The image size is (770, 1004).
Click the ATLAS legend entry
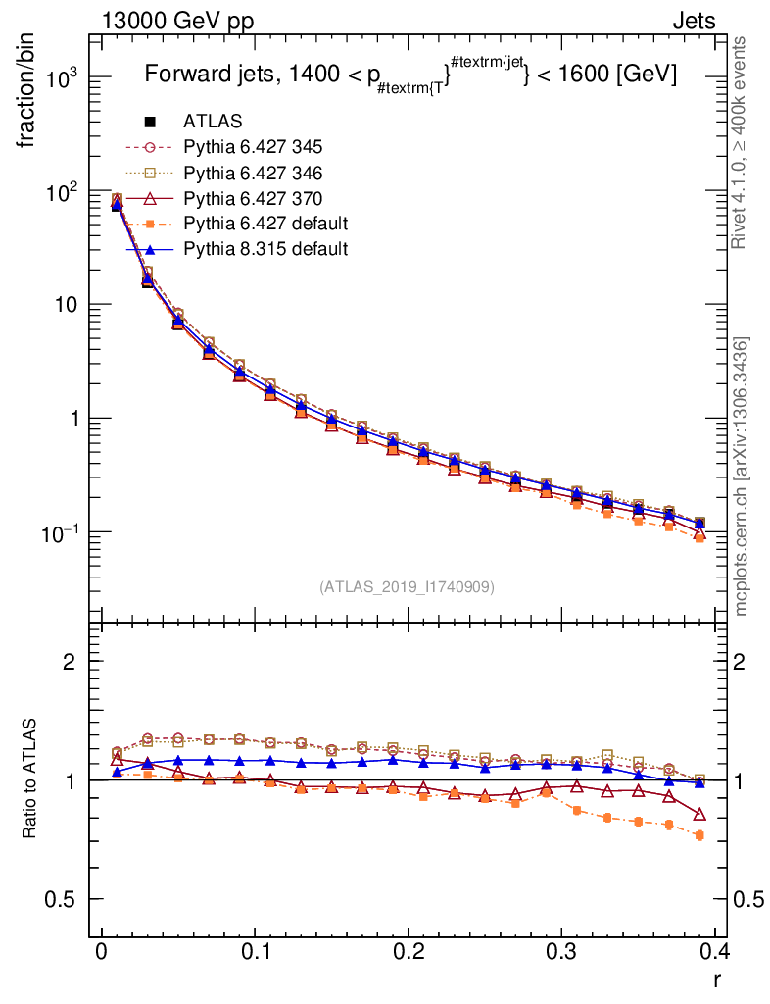[213, 122]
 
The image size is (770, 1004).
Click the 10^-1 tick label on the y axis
[59, 532]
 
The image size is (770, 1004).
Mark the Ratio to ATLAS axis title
[29, 779]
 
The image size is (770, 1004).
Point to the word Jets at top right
[693, 21]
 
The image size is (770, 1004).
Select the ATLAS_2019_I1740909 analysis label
[407, 587]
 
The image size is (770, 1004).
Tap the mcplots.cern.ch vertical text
[742, 477]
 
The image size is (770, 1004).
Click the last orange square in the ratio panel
[699, 835]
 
